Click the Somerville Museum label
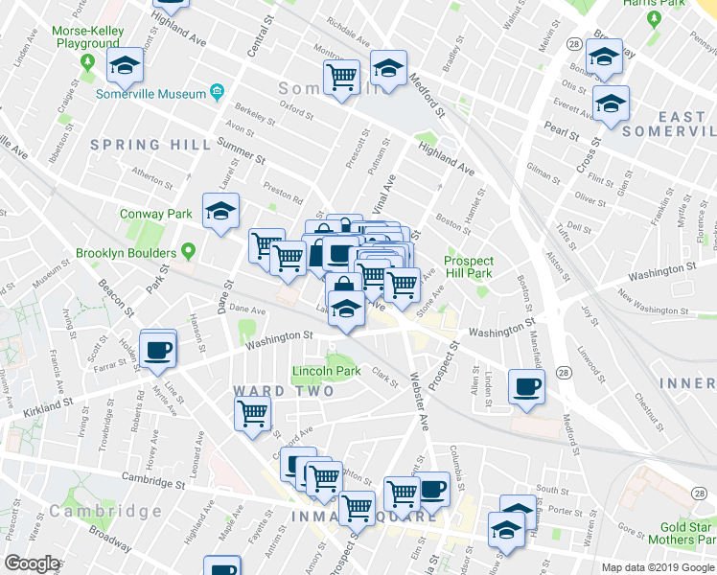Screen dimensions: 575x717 tap(151, 94)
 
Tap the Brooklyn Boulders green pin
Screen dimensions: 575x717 tap(188, 253)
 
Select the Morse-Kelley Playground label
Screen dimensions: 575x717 tap(87, 37)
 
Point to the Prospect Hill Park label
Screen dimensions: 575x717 tap(469, 267)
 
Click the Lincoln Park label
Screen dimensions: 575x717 tap(326, 371)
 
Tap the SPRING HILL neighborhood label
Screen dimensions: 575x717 tap(151, 145)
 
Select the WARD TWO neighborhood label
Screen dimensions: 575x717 tap(284, 391)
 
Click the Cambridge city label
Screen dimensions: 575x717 tap(105, 511)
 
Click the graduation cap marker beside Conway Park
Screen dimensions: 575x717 tap(220, 212)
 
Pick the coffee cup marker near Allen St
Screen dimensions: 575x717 tap(526, 387)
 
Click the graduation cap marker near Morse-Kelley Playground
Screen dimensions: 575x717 tap(124, 67)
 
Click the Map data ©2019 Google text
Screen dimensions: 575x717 tap(657, 567)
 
